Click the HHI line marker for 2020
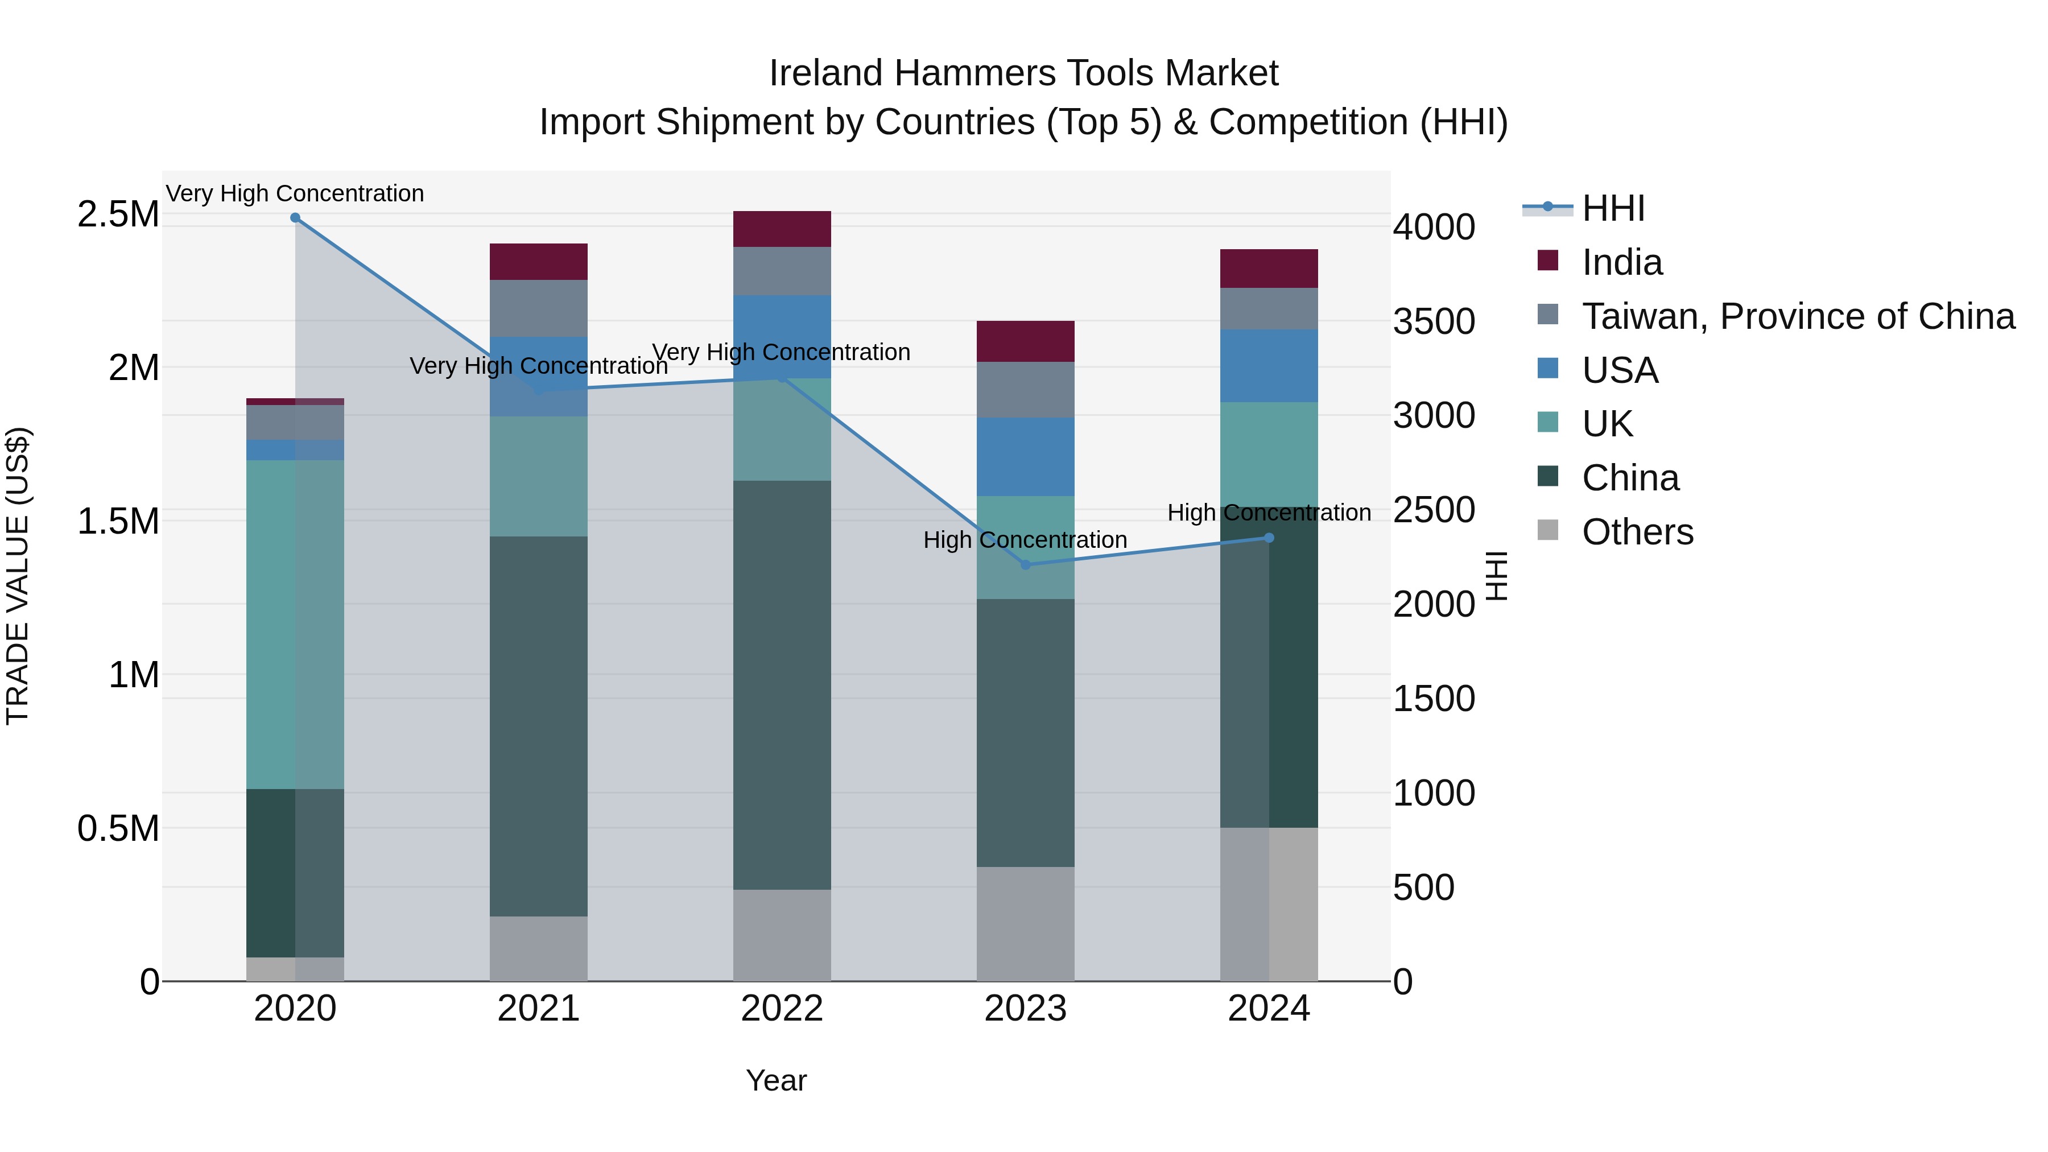[x=295, y=218]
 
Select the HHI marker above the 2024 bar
[x=1269, y=538]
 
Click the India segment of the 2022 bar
[x=782, y=229]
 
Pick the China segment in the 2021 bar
[x=538, y=725]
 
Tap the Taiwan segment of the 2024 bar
[x=1269, y=308]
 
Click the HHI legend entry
[x=1612, y=208]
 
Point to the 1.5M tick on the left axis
[x=118, y=522]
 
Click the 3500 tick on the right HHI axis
[x=1434, y=321]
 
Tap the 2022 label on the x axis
[x=782, y=1009]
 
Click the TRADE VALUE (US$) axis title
[x=18, y=576]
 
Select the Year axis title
[x=776, y=1080]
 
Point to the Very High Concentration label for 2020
[x=295, y=193]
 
